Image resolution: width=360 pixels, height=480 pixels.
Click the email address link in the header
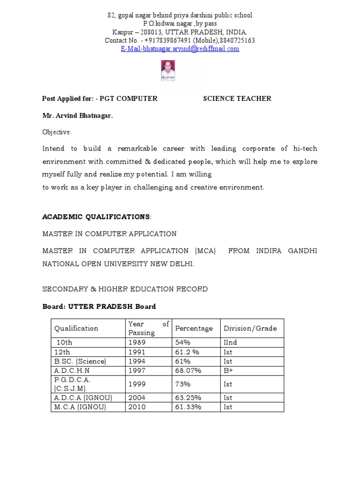(x=180, y=49)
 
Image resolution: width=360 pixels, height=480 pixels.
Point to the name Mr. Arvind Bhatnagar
(x=77, y=115)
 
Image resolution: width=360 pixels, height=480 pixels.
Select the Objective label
(x=56, y=132)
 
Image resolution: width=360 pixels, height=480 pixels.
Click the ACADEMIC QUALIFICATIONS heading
(x=97, y=217)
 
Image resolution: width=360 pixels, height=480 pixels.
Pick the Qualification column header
(x=76, y=328)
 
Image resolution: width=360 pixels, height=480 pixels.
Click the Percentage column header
(x=194, y=328)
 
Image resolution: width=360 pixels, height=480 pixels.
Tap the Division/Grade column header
(x=250, y=328)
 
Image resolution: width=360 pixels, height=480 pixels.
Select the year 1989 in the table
(x=137, y=343)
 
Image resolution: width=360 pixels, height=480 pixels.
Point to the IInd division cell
(x=231, y=343)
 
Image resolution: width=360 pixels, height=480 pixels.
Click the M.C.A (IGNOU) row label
(x=80, y=407)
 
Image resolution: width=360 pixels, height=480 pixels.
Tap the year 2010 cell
(x=137, y=407)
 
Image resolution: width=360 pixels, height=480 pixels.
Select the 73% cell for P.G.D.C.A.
(x=182, y=384)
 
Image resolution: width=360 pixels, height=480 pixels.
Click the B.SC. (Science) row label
(x=80, y=361)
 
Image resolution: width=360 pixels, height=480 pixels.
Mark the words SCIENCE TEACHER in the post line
(x=237, y=98)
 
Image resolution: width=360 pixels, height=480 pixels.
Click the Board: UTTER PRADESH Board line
(x=99, y=307)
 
